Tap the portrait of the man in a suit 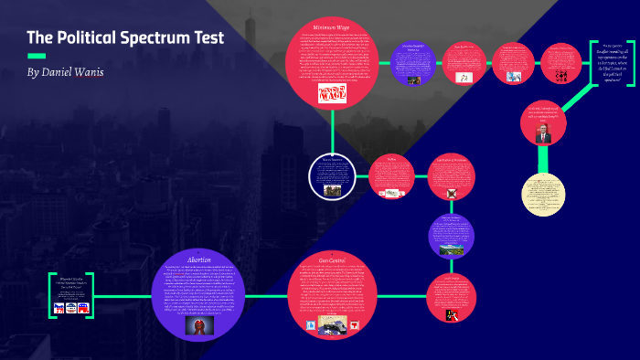pyautogui.click(x=543, y=135)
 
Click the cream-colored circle pyautogui.click(x=543, y=194)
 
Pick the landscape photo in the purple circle pyautogui.click(x=453, y=247)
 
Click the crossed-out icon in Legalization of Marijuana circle pyautogui.click(x=452, y=194)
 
